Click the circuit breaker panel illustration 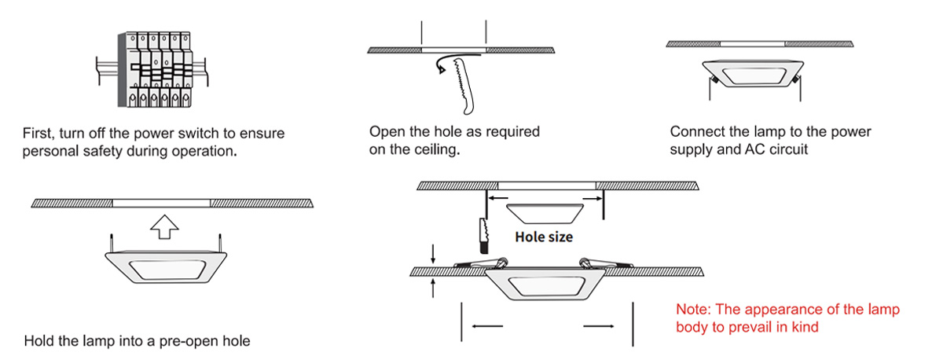coord(154,69)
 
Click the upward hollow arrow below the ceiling coord(163,226)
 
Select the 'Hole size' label coord(544,236)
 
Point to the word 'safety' coord(103,151)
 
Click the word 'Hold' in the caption coord(40,342)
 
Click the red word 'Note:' coord(692,310)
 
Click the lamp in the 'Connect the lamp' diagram coord(752,74)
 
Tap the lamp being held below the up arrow coord(165,266)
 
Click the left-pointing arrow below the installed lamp coord(487,324)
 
